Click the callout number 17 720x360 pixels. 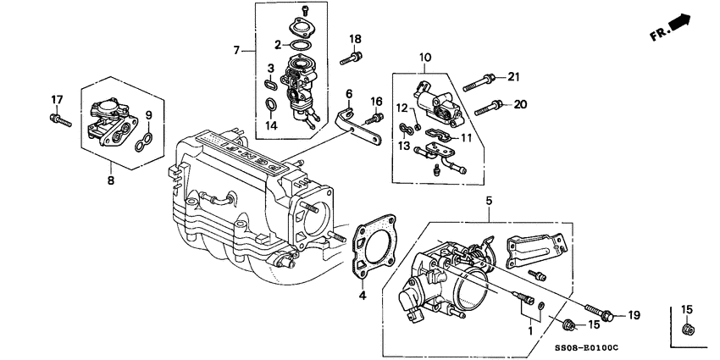pyautogui.click(x=57, y=101)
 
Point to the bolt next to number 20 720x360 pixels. pyautogui.click(x=489, y=107)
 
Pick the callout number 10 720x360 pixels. pyautogui.click(x=424, y=58)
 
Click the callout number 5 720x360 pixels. pyautogui.click(x=488, y=202)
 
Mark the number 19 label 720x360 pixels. pyautogui.click(x=633, y=316)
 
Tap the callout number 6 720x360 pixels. pyautogui.click(x=348, y=93)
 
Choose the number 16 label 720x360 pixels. pyautogui.click(x=377, y=102)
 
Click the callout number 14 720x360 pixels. pyautogui.click(x=271, y=125)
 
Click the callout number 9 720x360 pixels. pyautogui.click(x=148, y=116)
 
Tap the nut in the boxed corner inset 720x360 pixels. pyautogui.click(x=688, y=329)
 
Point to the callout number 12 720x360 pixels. pyautogui.click(x=403, y=108)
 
